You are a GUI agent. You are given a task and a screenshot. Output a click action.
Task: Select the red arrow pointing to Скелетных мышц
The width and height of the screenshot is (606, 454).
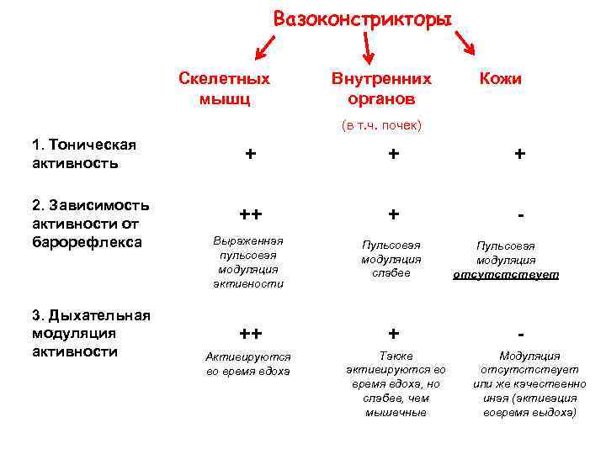[267, 46]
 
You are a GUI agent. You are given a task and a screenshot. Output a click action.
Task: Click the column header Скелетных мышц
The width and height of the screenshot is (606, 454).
[224, 88]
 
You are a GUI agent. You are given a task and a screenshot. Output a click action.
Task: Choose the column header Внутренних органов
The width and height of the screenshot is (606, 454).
[381, 88]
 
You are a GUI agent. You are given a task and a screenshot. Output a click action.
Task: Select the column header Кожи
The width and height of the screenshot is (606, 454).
[501, 78]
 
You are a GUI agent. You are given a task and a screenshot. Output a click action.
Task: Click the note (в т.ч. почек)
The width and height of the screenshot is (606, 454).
[381, 125]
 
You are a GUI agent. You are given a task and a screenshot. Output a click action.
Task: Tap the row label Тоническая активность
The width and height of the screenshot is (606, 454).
[84, 154]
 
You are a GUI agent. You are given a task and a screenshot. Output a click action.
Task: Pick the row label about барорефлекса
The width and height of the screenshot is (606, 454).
[90, 224]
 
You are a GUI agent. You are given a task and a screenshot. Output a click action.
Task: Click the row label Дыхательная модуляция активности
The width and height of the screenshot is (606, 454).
[91, 333]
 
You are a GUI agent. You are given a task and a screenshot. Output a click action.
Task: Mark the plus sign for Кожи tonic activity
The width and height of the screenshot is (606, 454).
[520, 154]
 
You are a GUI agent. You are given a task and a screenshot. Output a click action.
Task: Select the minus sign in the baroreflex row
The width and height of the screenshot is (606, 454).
[523, 215]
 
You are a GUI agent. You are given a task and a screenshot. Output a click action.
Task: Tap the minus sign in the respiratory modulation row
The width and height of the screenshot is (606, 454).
[523, 333]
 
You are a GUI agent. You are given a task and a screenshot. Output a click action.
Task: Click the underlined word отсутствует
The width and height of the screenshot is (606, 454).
[505, 274]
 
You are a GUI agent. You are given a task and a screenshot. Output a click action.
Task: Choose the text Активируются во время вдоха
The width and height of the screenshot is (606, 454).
[248, 363]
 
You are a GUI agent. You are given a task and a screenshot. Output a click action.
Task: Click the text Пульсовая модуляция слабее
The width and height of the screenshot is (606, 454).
[391, 258]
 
